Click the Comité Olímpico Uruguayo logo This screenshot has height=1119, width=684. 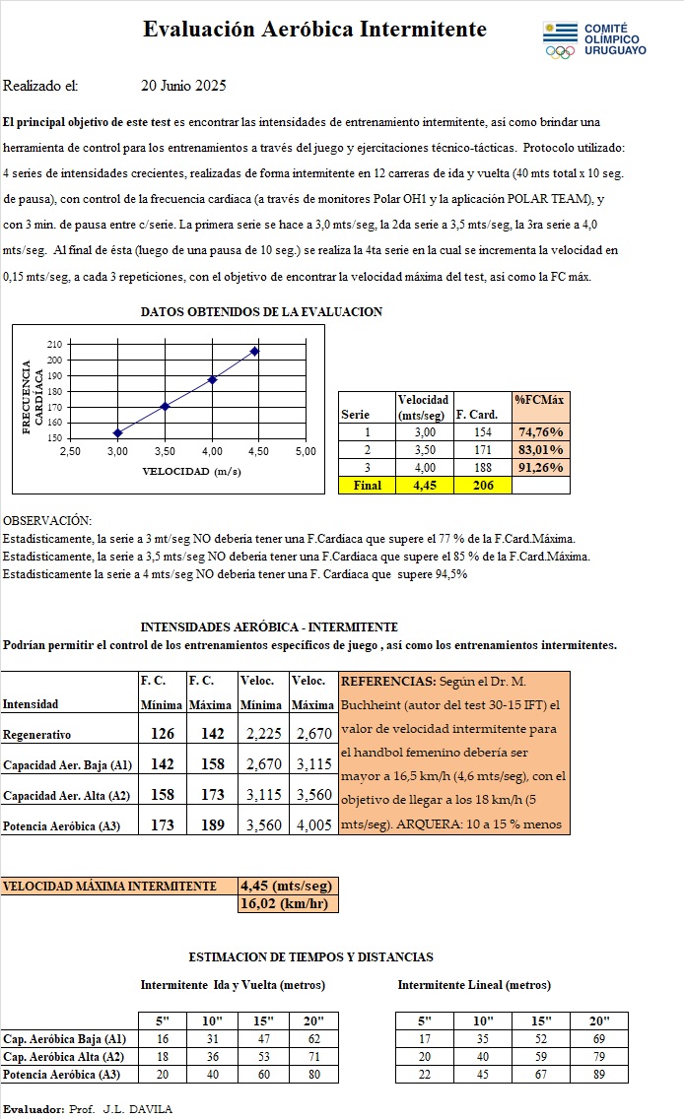click(593, 39)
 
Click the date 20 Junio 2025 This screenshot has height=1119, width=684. click(183, 86)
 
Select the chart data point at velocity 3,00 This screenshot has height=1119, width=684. click(117, 432)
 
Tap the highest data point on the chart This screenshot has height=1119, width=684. click(255, 351)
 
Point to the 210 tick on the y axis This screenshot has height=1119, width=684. click(53, 344)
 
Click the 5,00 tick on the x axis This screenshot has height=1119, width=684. click(306, 450)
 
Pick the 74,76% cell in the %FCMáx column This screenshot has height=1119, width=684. click(540, 431)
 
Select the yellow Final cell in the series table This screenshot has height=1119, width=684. click(367, 485)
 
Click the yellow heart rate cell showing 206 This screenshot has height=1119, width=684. click(482, 485)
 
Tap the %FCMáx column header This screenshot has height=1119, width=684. click(540, 399)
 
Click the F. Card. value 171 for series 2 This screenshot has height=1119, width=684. click(482, 449)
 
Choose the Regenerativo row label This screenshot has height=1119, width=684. click(36, 735)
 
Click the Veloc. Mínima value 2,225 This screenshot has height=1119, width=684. click(262, 734)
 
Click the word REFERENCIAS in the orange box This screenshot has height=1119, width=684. click(379, 681)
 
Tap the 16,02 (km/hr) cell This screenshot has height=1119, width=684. click(288, 903)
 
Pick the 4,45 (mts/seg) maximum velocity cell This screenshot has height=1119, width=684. click(288, 886)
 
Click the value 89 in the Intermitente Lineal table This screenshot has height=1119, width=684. click(600, 1074)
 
